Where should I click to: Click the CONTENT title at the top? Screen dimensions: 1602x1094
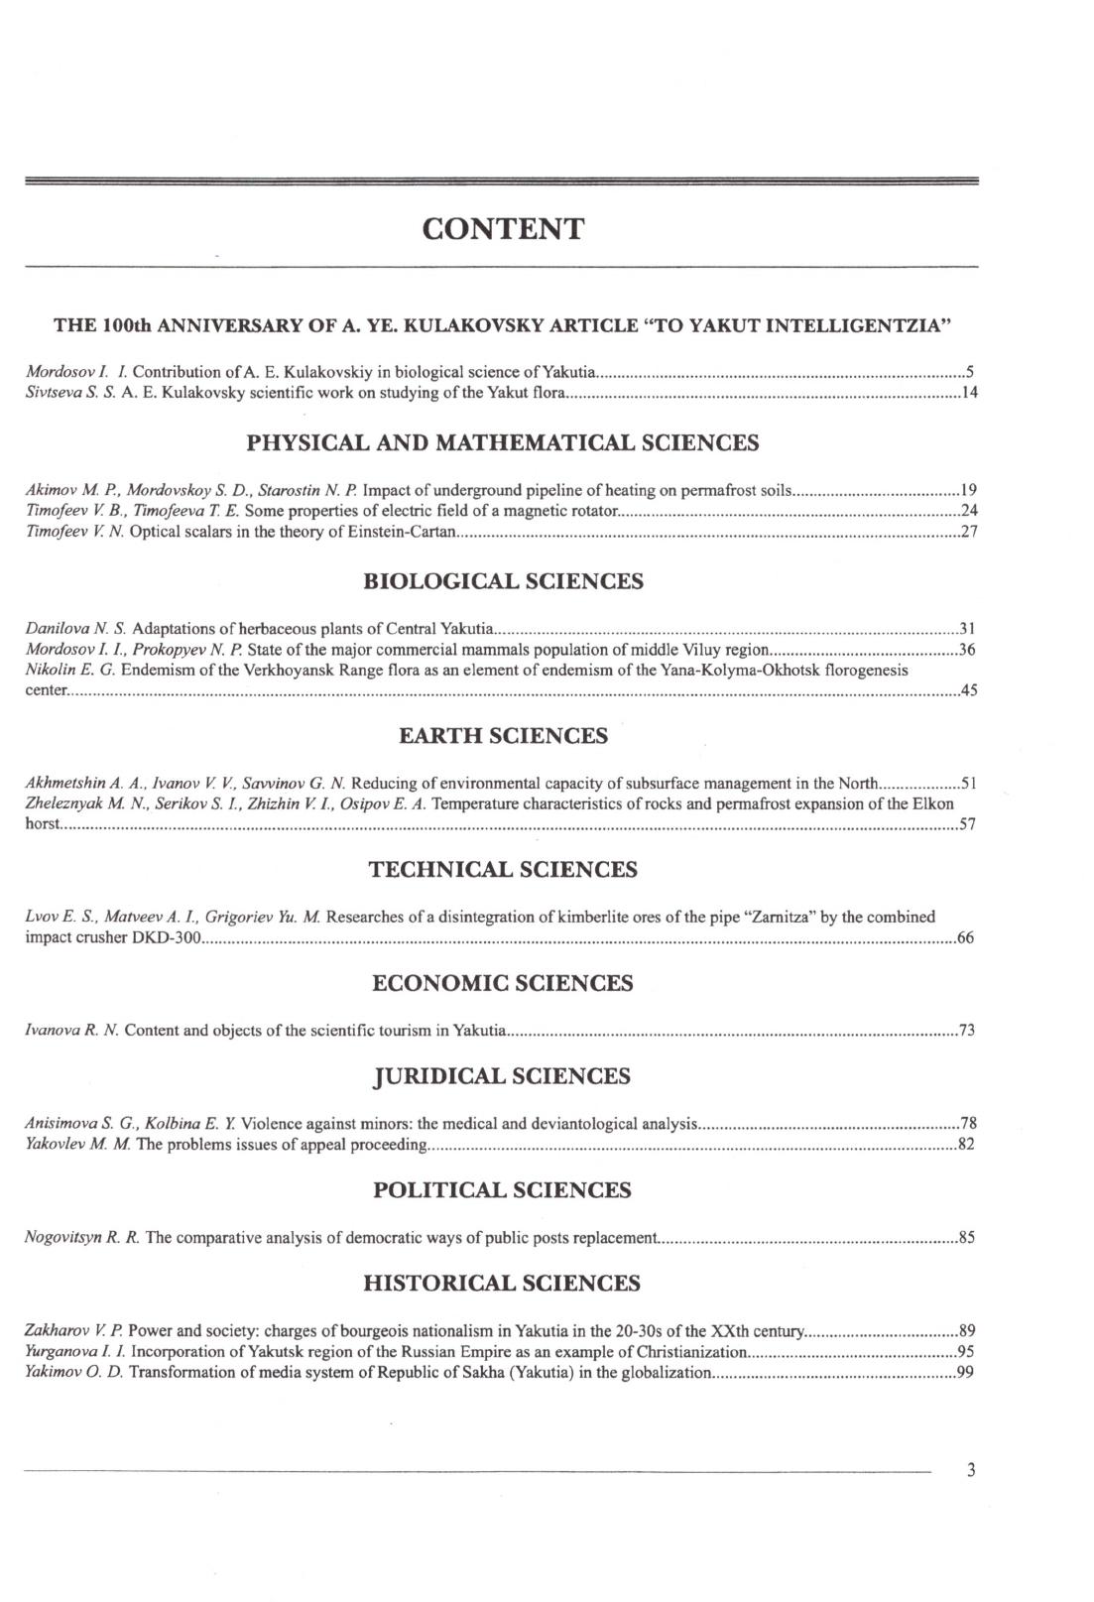503,229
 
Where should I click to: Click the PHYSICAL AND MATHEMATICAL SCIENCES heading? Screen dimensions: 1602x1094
503,442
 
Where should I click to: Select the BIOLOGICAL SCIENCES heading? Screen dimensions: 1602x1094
503,581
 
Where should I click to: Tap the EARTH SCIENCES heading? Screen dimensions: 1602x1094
503,735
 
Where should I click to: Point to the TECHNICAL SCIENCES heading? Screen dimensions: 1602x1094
503,870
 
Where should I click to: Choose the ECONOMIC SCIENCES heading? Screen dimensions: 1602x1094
503,983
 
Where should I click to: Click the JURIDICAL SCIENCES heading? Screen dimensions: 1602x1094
503,1076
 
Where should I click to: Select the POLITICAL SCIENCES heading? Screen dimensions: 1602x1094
503,1189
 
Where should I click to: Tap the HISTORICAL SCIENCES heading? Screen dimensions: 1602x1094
503,1283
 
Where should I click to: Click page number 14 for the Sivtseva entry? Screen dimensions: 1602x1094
969,394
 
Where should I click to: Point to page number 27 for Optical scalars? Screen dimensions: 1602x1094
969,533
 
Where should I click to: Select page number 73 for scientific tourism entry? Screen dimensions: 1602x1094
967,1031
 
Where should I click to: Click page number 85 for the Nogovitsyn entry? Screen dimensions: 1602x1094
967,1238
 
